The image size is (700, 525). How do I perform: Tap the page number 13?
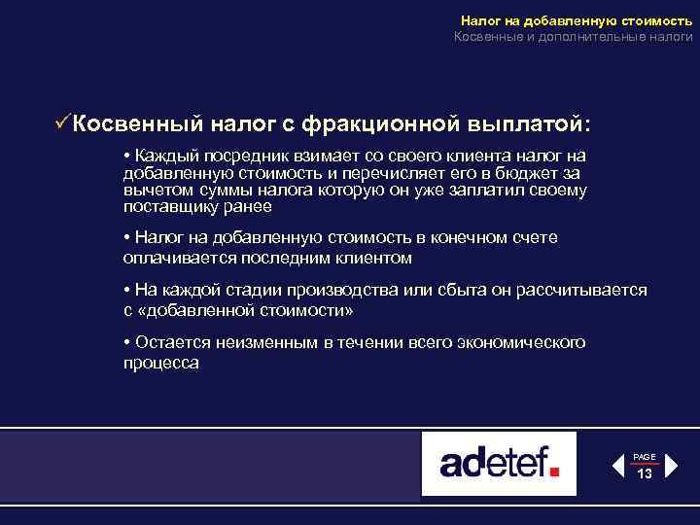coord(645,473)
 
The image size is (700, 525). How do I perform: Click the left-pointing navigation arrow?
coord(617,466)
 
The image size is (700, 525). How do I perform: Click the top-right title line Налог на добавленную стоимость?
coord(577,19)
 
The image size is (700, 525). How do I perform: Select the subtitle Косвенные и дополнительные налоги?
coord(574,37)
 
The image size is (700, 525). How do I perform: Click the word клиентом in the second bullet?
coord(380,258)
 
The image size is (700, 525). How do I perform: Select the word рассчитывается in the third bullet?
coord(587,292)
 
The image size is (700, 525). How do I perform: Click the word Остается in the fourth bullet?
coord(169,343)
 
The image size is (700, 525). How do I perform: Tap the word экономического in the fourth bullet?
coord(519,343)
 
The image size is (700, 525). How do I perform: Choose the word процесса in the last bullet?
coord(161,363)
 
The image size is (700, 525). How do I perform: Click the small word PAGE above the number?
coord(645,456)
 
